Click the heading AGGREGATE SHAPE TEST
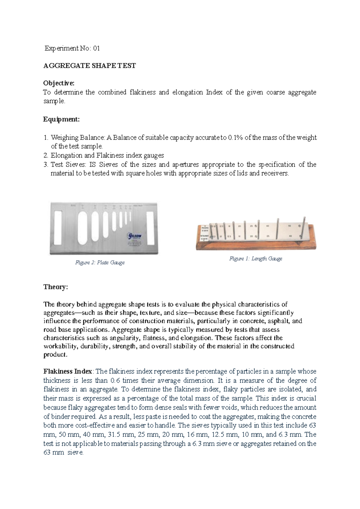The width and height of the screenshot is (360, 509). tap(89, 66)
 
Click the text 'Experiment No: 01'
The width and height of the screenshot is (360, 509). tap(72, 48)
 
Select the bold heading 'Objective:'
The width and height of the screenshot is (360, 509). tap(58, 83)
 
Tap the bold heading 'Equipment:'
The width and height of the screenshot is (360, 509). tap(61, 119)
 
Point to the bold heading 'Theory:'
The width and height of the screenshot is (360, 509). tap(55, 287)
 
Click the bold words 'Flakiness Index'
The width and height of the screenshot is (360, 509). tap(67, 372)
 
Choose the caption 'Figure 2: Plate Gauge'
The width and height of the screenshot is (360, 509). tap(100, 263)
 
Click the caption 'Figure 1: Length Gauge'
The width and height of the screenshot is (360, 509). tap(256, 259)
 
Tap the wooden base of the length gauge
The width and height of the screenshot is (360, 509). tap(255, 245)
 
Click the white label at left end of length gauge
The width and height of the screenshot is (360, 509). tap(204, 233)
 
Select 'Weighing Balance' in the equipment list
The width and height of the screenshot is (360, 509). tap(77, 138)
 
